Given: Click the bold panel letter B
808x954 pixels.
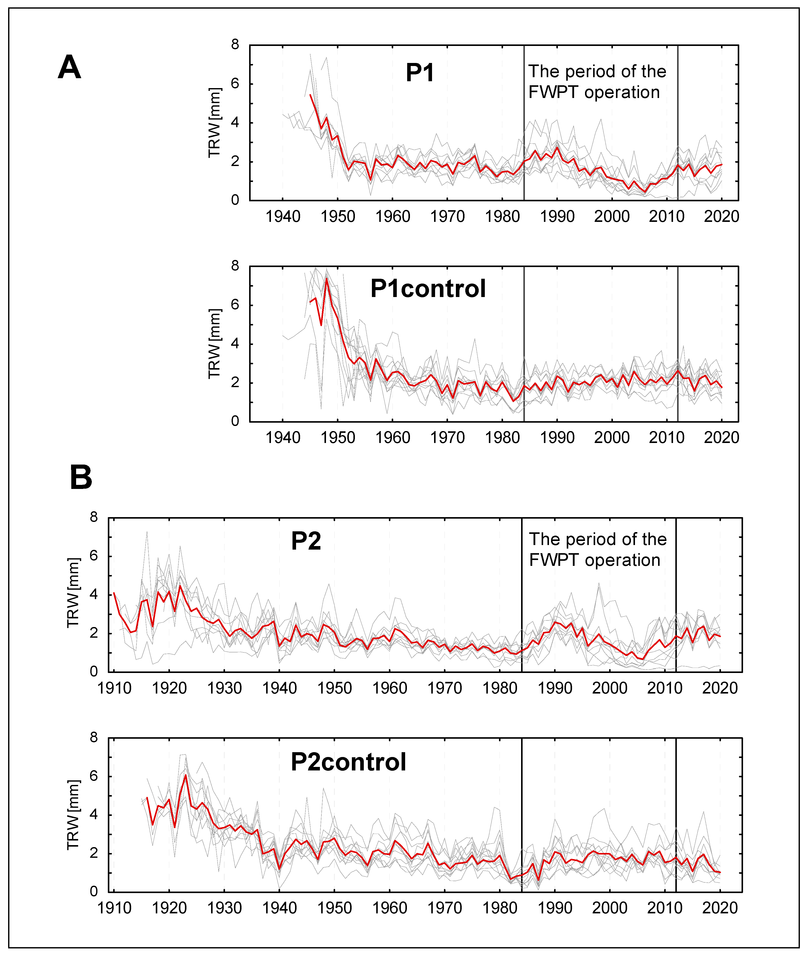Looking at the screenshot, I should [x=81, y=478].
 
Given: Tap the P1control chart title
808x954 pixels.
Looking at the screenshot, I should [x=428, y=289].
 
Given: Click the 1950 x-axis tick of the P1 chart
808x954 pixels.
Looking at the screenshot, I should [x=338, y=216].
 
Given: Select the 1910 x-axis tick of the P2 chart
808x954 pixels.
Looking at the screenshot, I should [x=114, y=688].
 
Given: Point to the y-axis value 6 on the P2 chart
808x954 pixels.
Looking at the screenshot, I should [x=94, y=556].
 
